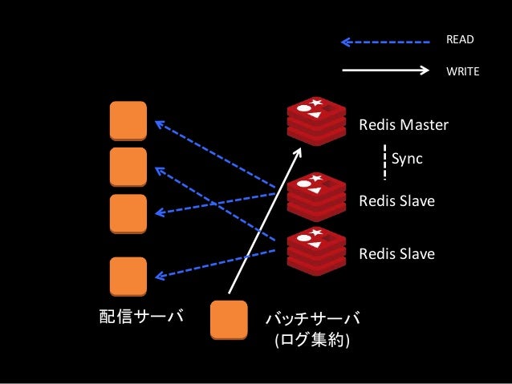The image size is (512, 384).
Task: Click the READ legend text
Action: click(x=460, y=39)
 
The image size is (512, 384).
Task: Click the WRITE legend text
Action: click(x=462, y=71)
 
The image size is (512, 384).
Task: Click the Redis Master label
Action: click(x=403, y=125)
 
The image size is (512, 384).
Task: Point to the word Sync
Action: click(x=407, y=159)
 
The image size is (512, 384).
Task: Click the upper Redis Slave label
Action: click(x=396, y=201)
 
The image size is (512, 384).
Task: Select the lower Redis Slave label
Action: click(x=396, y=254)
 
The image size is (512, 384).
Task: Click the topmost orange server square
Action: click(x=128, y=121)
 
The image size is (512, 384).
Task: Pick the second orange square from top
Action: click(x=128, y=167)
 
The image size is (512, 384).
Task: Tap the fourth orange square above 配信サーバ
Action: click(x=128, y=277)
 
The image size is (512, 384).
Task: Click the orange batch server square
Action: click(x=229, y=319)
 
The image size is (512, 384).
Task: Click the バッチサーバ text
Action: click(x=313, y=319)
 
